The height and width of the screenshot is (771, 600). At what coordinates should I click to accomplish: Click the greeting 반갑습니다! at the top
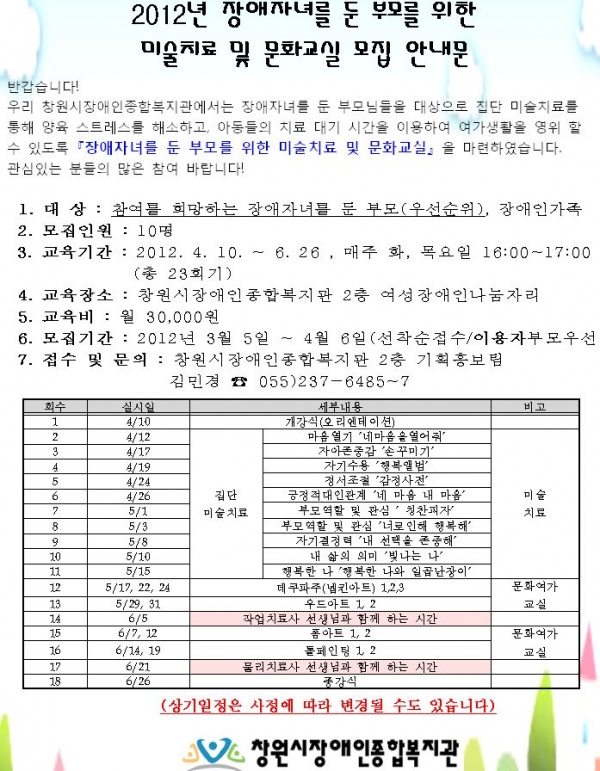(39, 84)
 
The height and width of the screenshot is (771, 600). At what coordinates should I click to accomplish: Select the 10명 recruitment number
(136, 229)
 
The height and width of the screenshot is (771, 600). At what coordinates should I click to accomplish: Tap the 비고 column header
(534, 407)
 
